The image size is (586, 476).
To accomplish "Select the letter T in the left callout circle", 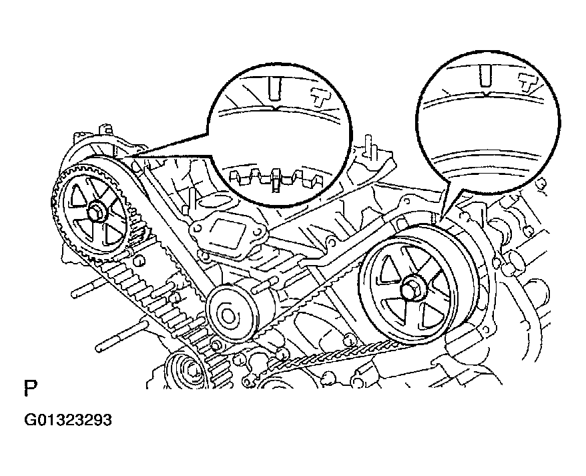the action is [x=322, y=95].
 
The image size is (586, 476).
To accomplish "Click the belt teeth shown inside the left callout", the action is [x=274, y=178].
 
